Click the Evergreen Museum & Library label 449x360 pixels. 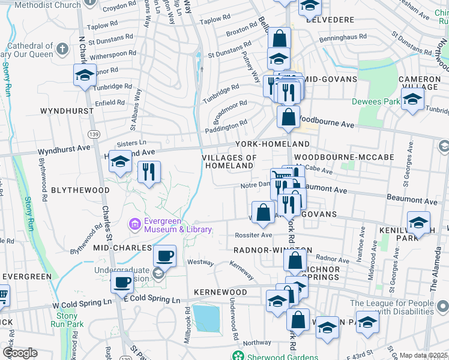[171, 225]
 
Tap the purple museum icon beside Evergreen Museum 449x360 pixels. [135, 225]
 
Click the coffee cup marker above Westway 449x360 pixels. [164, 256]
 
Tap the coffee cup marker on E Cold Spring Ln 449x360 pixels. [122, 281]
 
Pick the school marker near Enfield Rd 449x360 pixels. [85, 76]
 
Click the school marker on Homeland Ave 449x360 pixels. [119, 162]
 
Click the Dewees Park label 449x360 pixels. [375, 101]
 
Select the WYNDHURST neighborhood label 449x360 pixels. [67, 111]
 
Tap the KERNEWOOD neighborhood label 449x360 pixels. [220, 292]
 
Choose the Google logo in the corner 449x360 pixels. [20, 353]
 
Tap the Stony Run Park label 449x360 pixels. [67, 320]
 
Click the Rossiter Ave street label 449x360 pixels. [253, 235]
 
